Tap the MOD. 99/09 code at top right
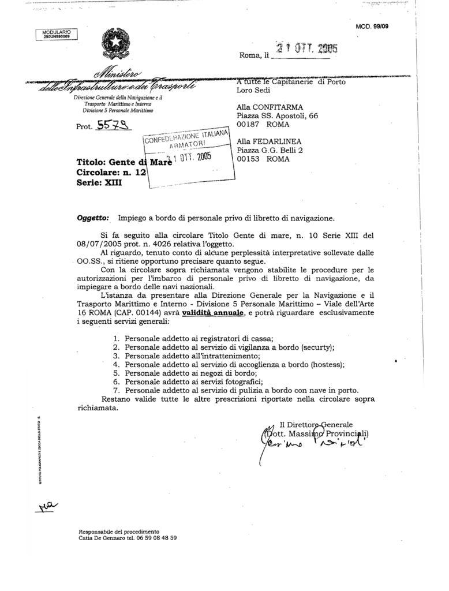(373, 27)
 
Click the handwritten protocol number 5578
(114, 125)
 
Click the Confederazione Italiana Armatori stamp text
(186, 139)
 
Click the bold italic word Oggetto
(92, 218)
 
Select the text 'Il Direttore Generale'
(316, 424)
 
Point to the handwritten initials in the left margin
(48, 506)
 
